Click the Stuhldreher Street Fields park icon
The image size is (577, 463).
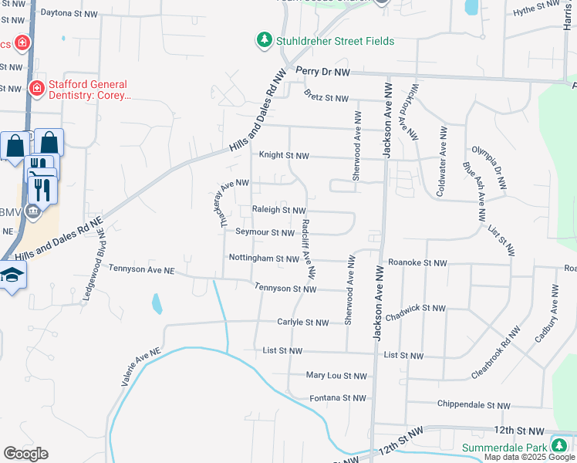pyautogui.click(x=265, y=40)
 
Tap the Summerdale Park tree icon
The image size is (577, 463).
pyautogui.click(x=558, y=447)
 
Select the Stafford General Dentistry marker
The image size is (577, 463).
pyautogui.click(x=35, y=90)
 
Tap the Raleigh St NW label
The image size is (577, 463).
pyautogui.click(x=278, y=210)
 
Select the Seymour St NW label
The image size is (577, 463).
pyautogui.click(x=265, y=232)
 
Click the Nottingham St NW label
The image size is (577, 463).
pyautogui.click(x=263, y=259)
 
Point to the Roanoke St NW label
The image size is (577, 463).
pyautogui.click(x=417, y=263)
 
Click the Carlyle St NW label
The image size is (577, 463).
pyautogui.click(x=303, y=323)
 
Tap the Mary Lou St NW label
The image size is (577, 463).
pyautogui.click(x=336, y=376)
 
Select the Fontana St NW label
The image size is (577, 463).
pyautogui.click(x=337, y=398)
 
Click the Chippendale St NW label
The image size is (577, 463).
pyautogui.click(x=474, y=405)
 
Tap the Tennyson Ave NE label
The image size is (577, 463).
pyautogui.click(x=142, y=270)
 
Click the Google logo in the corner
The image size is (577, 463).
pyautogui.click(x=25, y=453)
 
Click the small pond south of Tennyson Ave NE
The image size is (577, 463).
pyautogui.click(x=157, y=303)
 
